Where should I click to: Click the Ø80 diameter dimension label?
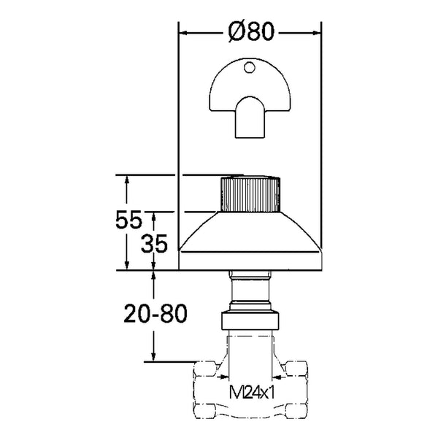click(x=251, y=31)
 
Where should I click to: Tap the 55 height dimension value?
click(x=128, y=220)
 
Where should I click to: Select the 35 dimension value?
click(x=154, y=244)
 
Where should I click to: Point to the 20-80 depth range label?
click(x=155, y=313)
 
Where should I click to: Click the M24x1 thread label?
click(x=252, y=392)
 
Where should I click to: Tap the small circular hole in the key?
click(x=250, y=67)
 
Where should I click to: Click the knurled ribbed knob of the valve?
click(x=250, y=194)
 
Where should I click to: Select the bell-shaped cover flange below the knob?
click(x=250, y=241)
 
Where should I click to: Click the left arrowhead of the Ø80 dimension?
click(x=182, y=33)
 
